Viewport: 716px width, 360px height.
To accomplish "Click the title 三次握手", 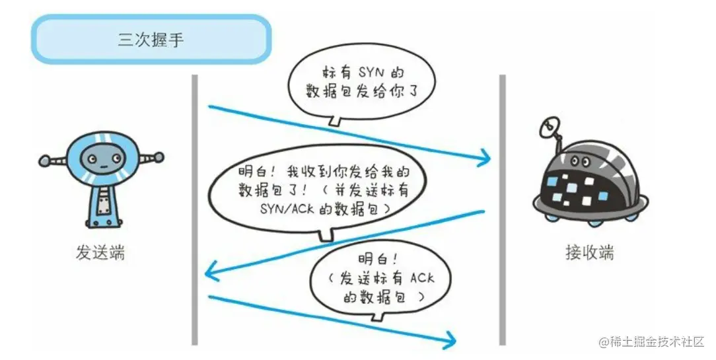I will [x=151, y=40].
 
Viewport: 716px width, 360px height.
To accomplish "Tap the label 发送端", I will [x=101, y=253].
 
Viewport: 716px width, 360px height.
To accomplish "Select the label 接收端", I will [x=590, y=253].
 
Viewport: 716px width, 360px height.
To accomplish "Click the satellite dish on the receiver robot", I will [x=550, y=127].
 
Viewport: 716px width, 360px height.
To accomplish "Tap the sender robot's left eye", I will [x=92, y=159].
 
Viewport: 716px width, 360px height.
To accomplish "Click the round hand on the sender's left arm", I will [x=44, y=160].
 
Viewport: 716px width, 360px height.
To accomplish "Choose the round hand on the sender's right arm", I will [x=159, y=157].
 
